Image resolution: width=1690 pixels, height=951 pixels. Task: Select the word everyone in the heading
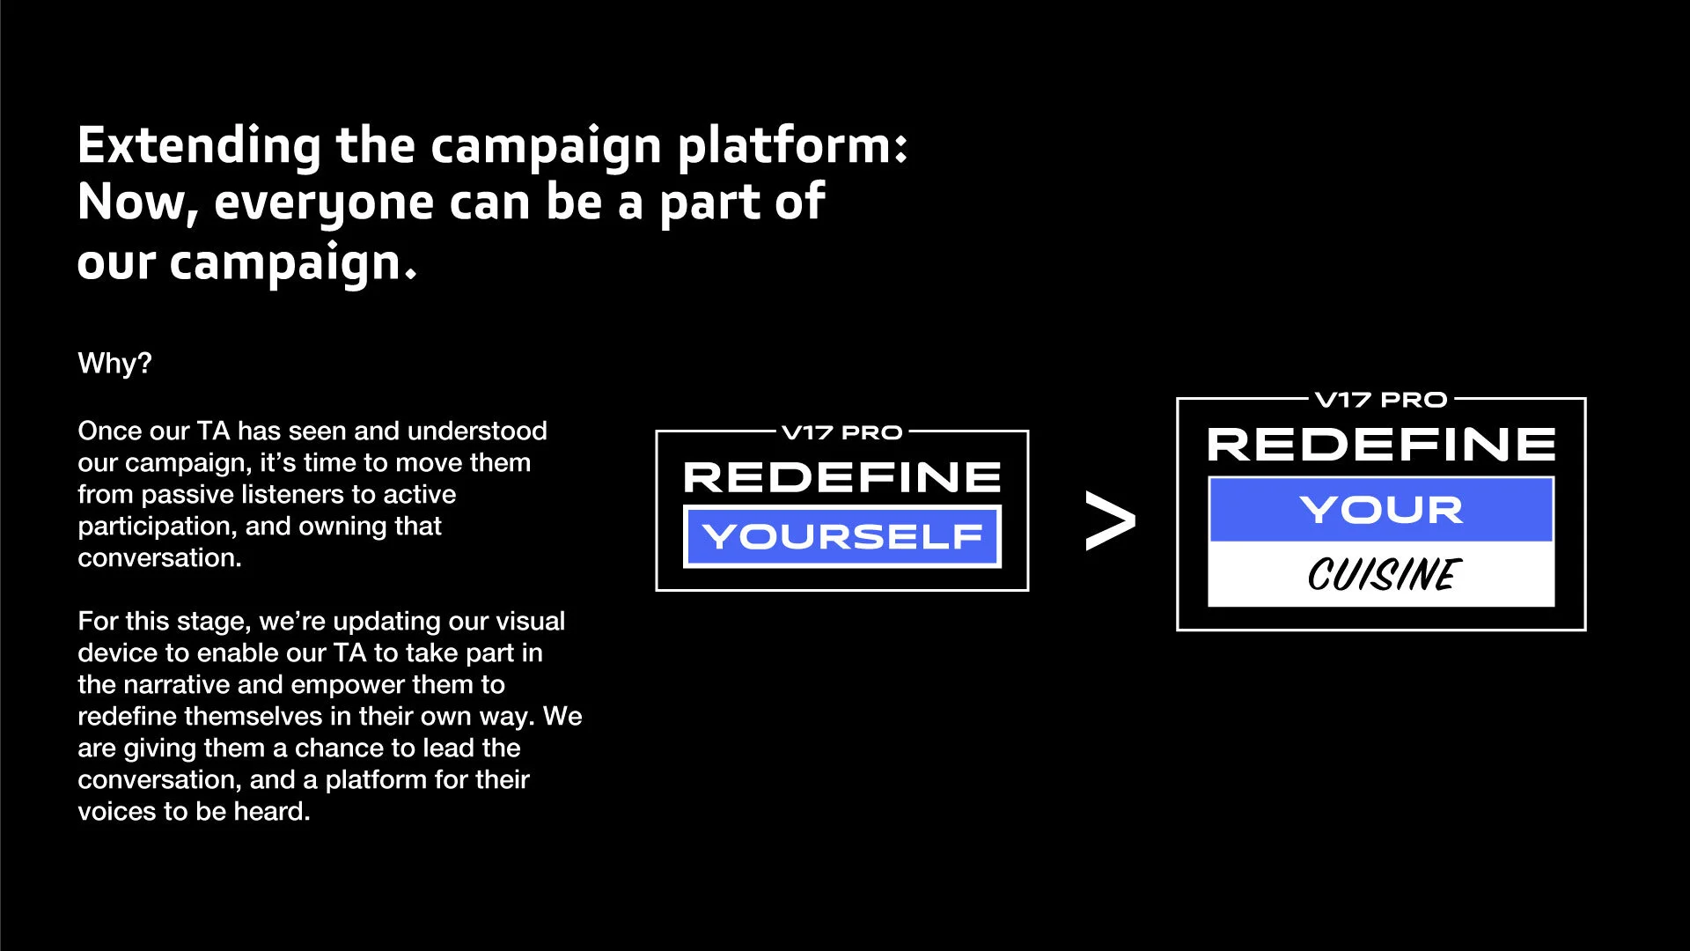(324, 203)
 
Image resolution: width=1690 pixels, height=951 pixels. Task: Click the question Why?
(114, 363)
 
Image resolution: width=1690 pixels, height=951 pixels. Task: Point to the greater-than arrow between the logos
(1110, 521)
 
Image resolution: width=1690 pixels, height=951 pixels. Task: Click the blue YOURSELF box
(842, 536)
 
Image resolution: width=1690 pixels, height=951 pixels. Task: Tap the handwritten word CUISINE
(1383, 575)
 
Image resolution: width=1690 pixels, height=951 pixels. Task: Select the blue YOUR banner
(1380, 510)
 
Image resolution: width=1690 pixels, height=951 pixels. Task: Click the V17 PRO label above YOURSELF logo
(842, 432)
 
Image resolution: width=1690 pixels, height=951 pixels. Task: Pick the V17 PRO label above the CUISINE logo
(1380, 400)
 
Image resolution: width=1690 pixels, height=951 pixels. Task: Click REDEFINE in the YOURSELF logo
(842, 477)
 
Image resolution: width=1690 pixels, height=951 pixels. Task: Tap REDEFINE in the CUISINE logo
(1380, 445)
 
